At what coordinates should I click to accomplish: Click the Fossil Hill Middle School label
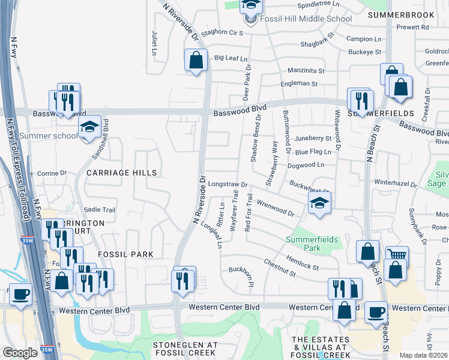pyautogui.click(x=306, y=19)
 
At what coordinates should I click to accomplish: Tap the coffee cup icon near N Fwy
pyautogui.click(x=21, y=295)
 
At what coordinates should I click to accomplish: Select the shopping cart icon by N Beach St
pyautogui.click(x=396, y=256)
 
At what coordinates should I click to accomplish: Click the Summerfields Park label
pyautogui.click(x=313, y=244)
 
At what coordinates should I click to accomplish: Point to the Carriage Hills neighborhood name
pyautogui.click(x=121, y=173)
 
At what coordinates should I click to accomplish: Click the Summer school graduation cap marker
pyautogui.click(x=89, y=127)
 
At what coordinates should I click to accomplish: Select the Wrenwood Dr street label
pyautogui.click(x=275, y=208)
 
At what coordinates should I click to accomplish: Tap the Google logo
pyautogui.click(x=20, y=353)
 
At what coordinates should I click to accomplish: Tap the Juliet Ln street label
pyautogui.click(x=154, y=44)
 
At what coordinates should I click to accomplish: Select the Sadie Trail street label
pyautogui.click(x=100, y=210)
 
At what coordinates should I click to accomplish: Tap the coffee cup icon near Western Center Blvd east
pyautogui.click(x=376, y=311)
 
